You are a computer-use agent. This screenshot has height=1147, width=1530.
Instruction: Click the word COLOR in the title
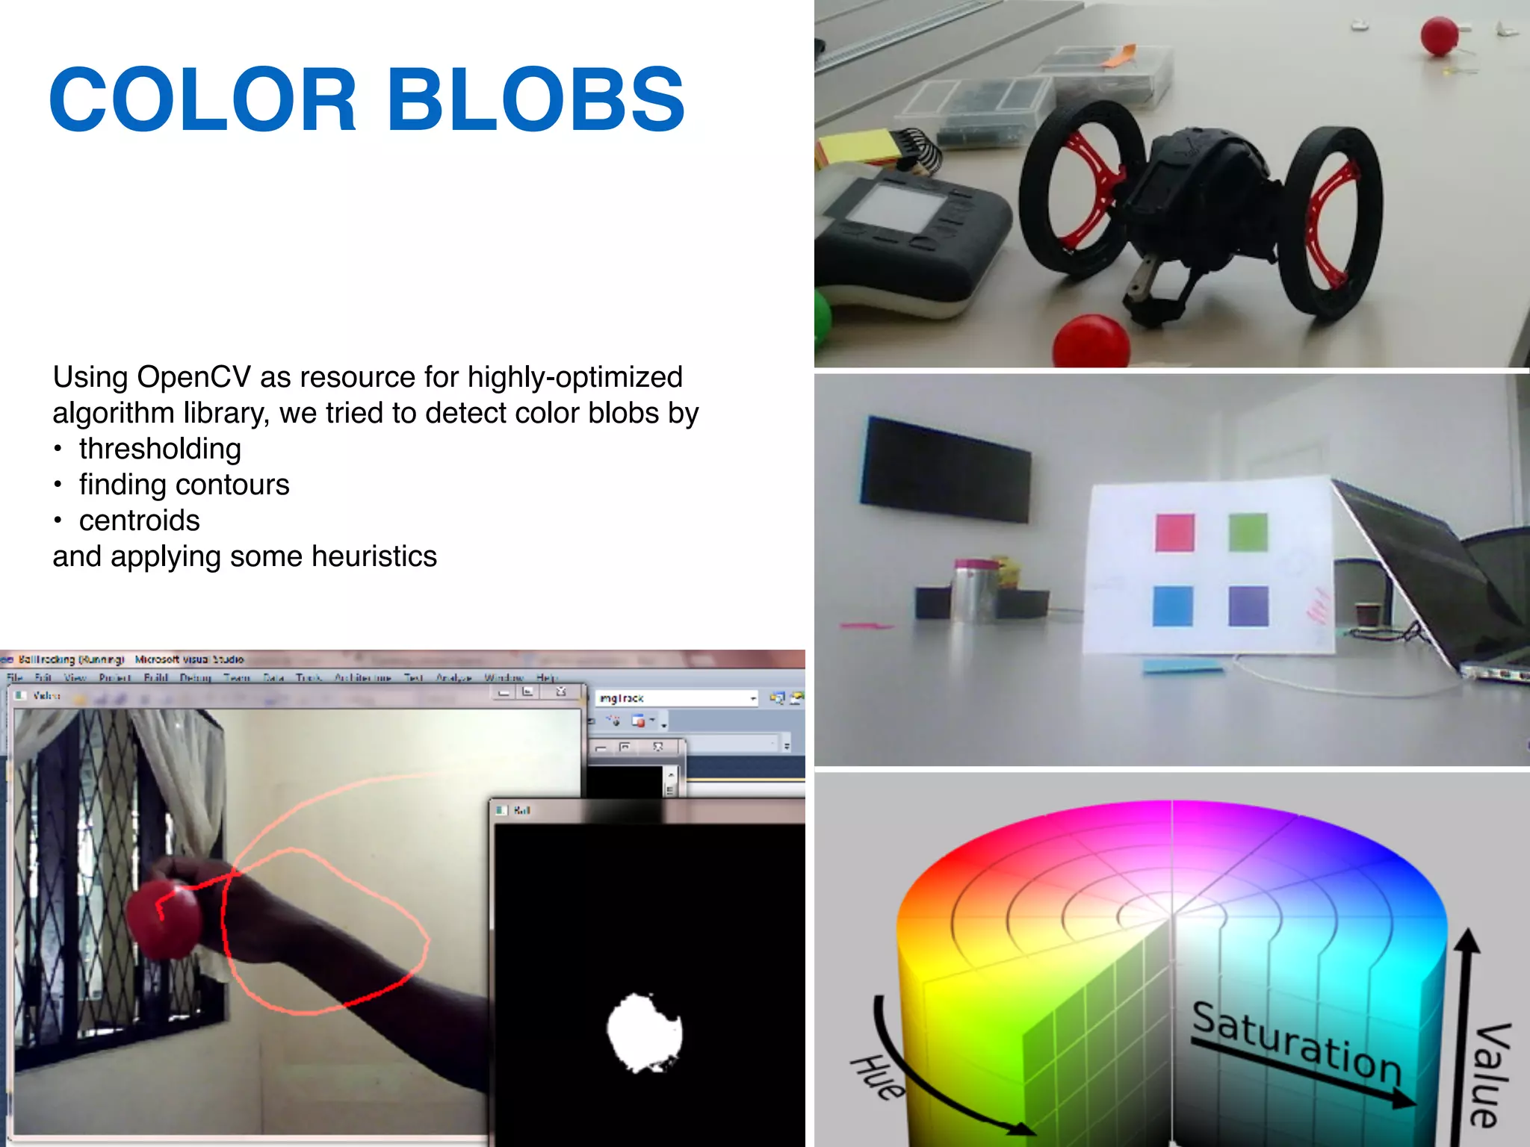(x=203, y=100)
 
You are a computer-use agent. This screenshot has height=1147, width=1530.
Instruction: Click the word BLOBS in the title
(x=535, y=100)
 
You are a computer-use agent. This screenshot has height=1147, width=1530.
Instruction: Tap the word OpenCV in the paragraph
(x=193, y=377)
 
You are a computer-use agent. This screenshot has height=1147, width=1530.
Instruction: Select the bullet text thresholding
(x=160, y=449)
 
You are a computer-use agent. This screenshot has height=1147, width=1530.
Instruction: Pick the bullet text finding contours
(x=184, y=485)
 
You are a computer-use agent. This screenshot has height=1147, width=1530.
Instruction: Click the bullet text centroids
(x=140, y=520)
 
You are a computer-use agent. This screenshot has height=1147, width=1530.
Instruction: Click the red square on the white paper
(x=1174, y=533)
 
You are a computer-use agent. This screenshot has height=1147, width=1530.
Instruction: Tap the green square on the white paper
(x=1248, y=532)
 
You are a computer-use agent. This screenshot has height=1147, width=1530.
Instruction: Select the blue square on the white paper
(x=1172, y=606)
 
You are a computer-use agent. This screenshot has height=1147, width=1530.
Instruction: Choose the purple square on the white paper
(x=1248, y=606)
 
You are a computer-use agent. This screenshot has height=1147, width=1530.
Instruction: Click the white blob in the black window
(x=644, y=1033)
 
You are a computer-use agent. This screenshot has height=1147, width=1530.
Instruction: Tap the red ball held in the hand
(x=163, y=919)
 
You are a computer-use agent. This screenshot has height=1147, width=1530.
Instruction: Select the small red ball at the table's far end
(x=1438, y=36)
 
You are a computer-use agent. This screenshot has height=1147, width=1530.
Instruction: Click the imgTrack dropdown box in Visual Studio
(x=676, y=698)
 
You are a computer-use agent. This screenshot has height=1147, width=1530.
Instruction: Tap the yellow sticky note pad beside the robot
(x=859, y=146)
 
